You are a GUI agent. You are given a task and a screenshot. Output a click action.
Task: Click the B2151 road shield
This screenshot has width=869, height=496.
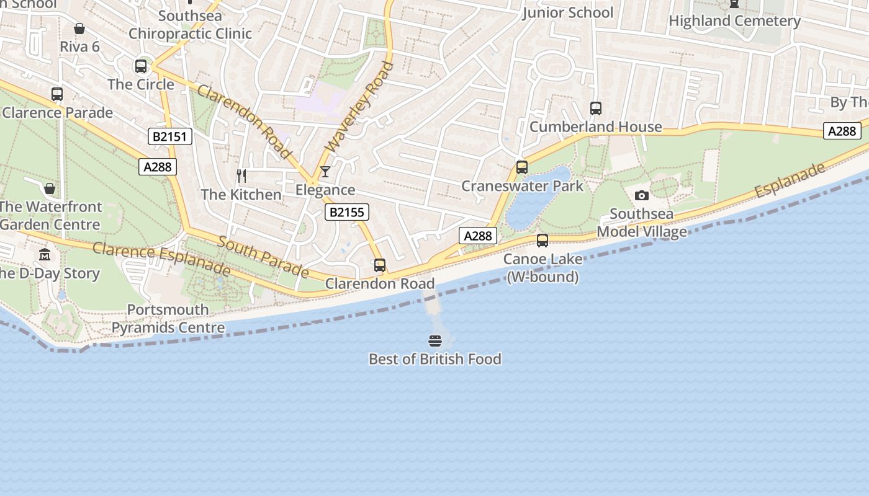pos(169,136)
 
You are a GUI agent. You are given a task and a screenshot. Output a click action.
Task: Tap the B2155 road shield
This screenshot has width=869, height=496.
pos(346,212)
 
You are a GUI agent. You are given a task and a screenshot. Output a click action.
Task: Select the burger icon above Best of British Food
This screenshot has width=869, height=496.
pos(434,340)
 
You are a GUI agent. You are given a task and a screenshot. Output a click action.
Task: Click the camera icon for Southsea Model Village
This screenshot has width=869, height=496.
pos(641,196)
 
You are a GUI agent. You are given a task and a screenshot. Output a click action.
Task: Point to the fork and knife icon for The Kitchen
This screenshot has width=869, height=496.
pos(241,176)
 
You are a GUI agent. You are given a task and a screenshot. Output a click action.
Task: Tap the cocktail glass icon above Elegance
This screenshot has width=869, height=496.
pos(325,172)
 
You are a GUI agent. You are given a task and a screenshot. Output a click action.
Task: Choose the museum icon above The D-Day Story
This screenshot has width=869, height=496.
pos(45,255)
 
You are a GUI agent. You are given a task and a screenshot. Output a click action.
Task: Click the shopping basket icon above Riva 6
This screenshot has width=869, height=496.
pos(79,29)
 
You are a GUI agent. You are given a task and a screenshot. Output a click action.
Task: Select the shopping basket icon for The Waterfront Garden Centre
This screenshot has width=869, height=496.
pos(50,188)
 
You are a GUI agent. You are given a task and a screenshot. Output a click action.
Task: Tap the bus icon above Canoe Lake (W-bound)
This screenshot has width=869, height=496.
pos(542,241)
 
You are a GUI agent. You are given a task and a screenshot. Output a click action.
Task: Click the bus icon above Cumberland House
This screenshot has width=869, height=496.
pos(595,108)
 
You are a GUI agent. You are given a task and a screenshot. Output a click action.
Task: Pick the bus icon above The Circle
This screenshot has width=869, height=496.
pos(141,66)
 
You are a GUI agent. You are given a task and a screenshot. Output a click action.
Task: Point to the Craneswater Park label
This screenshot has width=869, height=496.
pos(522,186)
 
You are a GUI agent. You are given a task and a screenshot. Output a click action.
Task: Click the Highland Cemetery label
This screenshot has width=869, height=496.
pos(734,20)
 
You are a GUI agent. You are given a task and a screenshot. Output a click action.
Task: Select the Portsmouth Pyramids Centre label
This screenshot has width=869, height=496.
pos(168,319)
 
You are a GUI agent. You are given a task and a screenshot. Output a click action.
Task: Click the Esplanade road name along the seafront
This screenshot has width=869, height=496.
pos(790,180)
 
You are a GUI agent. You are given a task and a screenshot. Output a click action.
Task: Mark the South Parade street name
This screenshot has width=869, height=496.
pos(263,256)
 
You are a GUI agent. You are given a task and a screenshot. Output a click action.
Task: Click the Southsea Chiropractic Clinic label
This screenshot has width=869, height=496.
pos(190,25)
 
